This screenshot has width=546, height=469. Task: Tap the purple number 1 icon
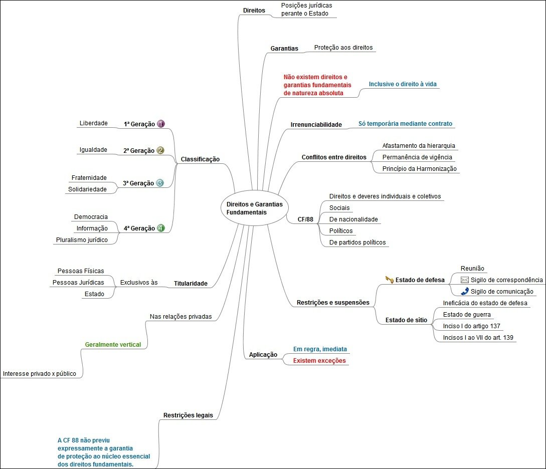(x=161, y=124)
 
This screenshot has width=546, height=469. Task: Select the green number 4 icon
(x=161, y=228)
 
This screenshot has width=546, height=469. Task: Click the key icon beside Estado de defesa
(x=389, y=279)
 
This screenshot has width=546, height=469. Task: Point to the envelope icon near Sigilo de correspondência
(x=465, y=280)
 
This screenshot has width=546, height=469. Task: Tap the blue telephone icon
(x=464, y=291)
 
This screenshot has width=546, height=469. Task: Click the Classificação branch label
(x=200, y=159)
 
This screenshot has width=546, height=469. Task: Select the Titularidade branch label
(x=190, y=283)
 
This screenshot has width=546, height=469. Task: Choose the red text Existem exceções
(x=319, y=361)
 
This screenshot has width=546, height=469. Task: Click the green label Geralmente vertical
(x=113, y=345)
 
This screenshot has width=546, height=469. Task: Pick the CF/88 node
(x=305, y=219)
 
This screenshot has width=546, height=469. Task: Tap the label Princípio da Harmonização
(x=420, y=169)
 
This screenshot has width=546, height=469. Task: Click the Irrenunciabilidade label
(x=316, y=124)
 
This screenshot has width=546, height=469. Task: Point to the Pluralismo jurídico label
(x=81, y=240)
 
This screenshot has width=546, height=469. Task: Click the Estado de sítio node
(x=406, y=320)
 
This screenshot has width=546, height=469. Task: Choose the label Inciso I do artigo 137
(x=471, y=326)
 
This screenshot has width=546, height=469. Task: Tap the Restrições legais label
(x=188, y=415)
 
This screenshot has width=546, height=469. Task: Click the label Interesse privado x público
(x=40, y=374)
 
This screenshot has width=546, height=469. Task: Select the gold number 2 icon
(x=160, y=150)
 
